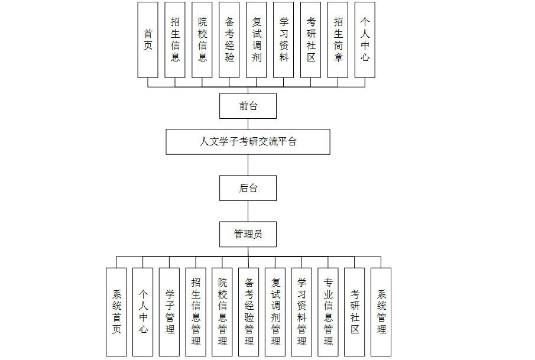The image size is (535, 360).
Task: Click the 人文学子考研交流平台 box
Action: (x=248, y=142)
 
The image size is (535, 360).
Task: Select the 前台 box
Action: (x=248, y=106)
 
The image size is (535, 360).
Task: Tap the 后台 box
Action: (x=248, y=188)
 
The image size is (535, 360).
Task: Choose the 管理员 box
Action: (x=248, y=234)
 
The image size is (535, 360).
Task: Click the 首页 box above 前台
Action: (x=148, y=40)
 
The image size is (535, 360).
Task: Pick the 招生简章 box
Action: (x=338, y=40)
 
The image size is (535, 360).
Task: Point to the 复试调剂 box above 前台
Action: (x=256, y=40)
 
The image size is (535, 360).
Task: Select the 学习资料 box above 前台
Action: (x=283, y=40)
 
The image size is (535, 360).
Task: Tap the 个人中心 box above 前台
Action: (x=365, y=40)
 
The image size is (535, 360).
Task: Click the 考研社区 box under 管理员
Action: (x=355, y=312)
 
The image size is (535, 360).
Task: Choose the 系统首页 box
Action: (x=116, y=312)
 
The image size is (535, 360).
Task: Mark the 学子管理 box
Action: (x=170, y=312)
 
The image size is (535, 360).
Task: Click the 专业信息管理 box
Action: (x=328, y=312)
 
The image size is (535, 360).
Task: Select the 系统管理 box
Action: (x=381, y=312)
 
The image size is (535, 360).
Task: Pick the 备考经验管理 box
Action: (x=249, y=312)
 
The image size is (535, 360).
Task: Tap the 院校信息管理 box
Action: (x=222, y=312)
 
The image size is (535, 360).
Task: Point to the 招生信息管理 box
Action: (x=196, y=312)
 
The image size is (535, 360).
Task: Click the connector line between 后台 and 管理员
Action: (x=248, y=212)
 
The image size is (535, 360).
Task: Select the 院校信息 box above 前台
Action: (x=202, y=40)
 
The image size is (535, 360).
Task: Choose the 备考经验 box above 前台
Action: (x=229, y=40)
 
